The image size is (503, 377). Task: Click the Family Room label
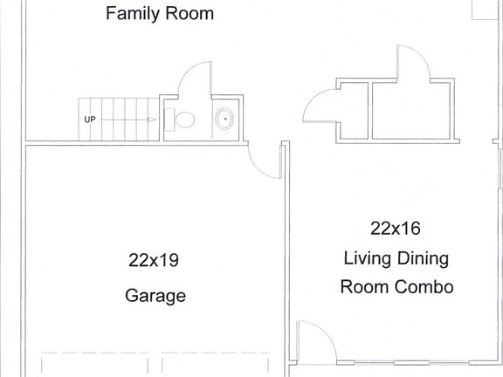159,14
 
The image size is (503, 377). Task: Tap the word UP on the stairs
89,120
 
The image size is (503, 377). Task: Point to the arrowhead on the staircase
152,120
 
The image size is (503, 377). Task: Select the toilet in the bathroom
183,120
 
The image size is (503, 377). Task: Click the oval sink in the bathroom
224,118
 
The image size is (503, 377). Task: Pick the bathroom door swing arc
193,79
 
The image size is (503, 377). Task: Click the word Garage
155,296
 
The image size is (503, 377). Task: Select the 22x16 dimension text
396,229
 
